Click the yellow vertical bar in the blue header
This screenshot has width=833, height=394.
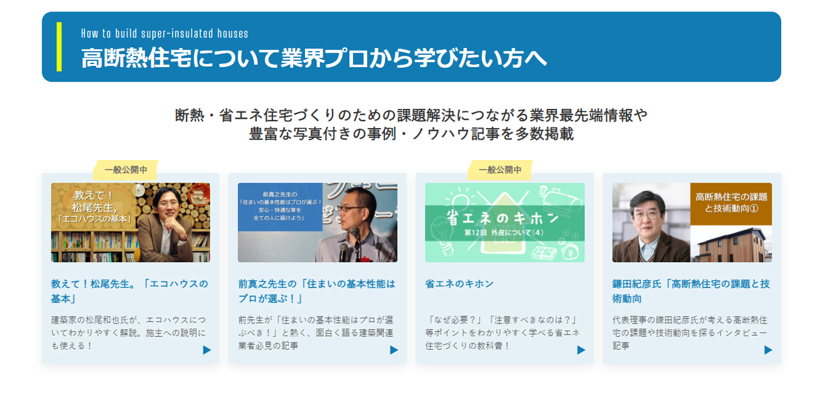coord(59,47)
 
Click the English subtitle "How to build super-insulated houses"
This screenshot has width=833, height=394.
coord(165,33)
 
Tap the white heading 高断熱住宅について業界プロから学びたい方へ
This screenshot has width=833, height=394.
coord(314,58)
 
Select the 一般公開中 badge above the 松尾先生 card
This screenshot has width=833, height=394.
coord(126,170)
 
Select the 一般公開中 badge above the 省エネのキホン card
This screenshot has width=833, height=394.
coord(500,170)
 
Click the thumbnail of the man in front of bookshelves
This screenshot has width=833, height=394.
coord(131,222)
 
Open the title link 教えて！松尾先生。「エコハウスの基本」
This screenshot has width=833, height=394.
coord(130,291)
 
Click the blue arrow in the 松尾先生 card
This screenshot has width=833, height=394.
coord(207,350)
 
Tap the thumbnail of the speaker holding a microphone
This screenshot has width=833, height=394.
coord(317,222)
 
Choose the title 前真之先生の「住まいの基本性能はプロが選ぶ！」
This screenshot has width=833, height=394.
coord(317,291)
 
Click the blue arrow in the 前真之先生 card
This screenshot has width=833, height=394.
coord(394,350)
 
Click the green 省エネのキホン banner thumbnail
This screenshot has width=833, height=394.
coord(504,222)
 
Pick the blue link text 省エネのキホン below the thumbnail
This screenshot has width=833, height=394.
coord(459,283)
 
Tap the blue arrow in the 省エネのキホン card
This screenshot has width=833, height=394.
coord(581,350)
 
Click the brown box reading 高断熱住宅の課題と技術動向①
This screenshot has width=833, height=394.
coord(731,203)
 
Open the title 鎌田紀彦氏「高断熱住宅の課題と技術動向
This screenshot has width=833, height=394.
coord(691,291)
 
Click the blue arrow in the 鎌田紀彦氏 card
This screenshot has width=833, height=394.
coord(768,350)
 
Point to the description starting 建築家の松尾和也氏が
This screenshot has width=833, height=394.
coord(130,332)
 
